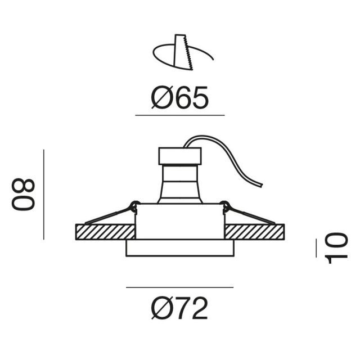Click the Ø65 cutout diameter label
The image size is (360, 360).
click(x=180, y=97)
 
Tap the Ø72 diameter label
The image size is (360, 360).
click(x=179, y=308)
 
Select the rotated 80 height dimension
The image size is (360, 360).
click(x=23, y=194)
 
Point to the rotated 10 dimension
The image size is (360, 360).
click(x=336, y=248)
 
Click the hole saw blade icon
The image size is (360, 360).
click(x=183, y=52)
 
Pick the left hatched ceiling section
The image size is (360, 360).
click(x=105, y=232)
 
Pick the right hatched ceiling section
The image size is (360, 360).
click(x=255, y=232)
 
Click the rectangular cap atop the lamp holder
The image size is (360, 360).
click(x=180, y=156)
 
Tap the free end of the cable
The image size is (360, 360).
click(x=261, y=185)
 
